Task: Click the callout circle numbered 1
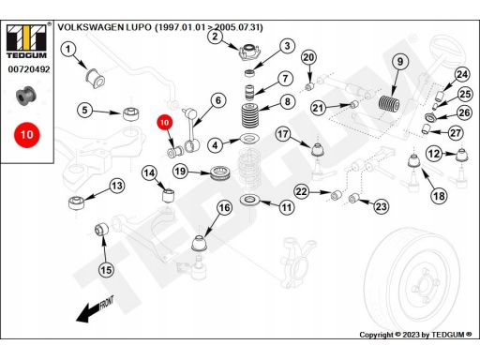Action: point(68,50)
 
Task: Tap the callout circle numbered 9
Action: point(400,62)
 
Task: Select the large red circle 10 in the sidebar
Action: point(27,135)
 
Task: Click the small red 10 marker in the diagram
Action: point(165,123)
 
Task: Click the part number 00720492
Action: point(29,69)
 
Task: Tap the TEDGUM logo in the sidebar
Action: point(26,41)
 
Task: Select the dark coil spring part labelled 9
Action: point(389,104)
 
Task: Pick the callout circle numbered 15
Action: point(106,270)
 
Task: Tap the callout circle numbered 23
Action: point(382,206)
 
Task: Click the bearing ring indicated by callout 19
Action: point(220,173)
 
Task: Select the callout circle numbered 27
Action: point(456,133)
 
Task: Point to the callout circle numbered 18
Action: point(439,196)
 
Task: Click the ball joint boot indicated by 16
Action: point(200,244)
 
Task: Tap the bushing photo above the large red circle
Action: point(26,96)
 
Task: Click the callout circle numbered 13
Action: point(117,186)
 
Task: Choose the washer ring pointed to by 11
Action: point(249,200)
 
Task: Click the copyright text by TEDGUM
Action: point(415,335)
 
